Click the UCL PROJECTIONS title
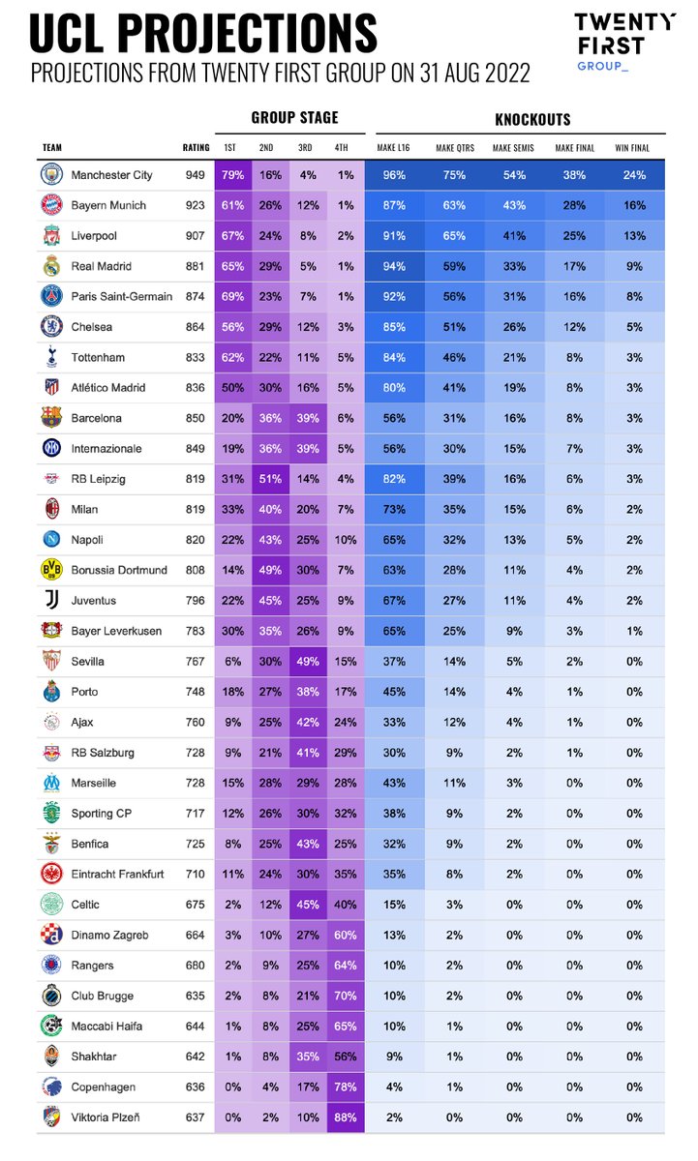tap(203, 33)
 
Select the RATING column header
tap(196, 148)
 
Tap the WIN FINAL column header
tap(632, 148)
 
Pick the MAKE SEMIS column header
tap(513, 148)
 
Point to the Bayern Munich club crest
tap(50, 205)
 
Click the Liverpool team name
tap(96, 236)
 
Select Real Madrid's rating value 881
tap(196, 266)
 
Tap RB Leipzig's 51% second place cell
tap(271, 479)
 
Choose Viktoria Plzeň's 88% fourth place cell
tap(345, 1117)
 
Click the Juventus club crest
tap(50, 600)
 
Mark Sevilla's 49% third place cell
tap(308, 662)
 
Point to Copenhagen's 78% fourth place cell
tap(345, 1087)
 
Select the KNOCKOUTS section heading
tap(531, 120)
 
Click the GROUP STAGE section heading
tap(295, 118)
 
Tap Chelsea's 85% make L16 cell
tap(395, 327)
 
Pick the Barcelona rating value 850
tap(196, 418)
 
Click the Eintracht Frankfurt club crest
tap(50, 874)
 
